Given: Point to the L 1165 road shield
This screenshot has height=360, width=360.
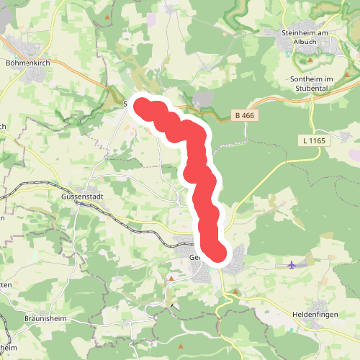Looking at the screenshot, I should click(313, 141).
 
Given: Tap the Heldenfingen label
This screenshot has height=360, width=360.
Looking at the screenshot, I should click(316, 315).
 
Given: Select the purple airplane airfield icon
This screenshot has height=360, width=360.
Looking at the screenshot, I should click(292, 265).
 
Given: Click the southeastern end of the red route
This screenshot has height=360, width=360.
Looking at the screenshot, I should click(217, 254).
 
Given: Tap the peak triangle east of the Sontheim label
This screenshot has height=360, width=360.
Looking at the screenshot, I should click(347, 76).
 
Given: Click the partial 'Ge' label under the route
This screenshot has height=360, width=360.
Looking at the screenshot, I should click(193, 257).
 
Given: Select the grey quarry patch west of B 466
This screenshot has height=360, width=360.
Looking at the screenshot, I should click(205, 99).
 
